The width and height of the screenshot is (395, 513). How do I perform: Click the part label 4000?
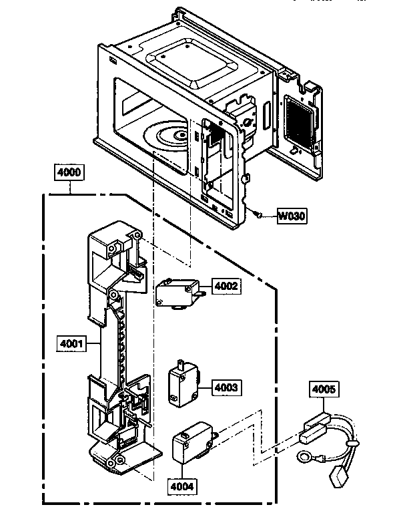click(70, 172)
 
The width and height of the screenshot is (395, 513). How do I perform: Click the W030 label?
click(291, 216)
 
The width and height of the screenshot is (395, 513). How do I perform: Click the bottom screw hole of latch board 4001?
click(119, 462)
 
